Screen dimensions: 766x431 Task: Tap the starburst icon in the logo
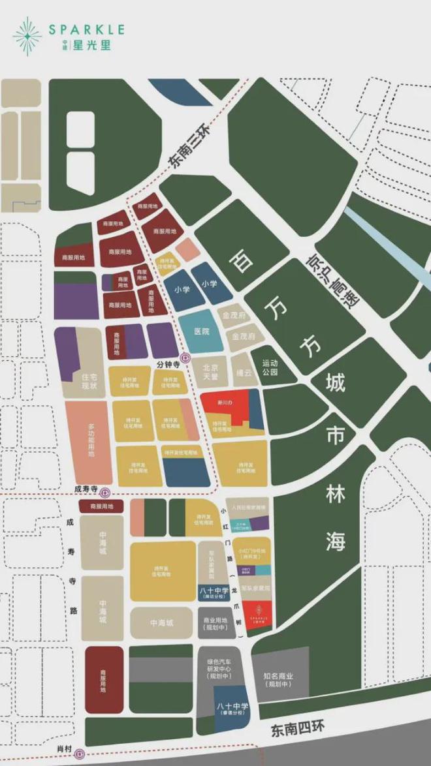27,36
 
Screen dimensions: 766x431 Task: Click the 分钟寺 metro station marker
185,357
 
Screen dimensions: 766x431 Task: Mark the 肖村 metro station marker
80,754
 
